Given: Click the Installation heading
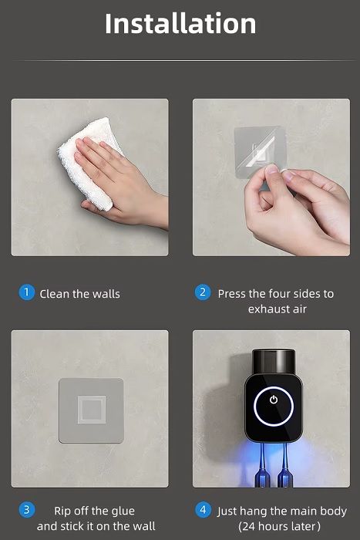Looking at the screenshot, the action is tap(180, 24).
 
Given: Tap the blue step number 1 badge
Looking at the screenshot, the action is tap(26, 292).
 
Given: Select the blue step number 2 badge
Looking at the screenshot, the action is tap(203, 292).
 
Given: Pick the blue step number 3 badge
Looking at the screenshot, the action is tap(26, 510).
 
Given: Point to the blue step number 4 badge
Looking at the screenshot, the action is tap(203, 510).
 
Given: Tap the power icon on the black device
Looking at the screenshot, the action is tap(274, 400).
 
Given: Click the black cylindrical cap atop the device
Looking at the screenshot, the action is tap(273, 362).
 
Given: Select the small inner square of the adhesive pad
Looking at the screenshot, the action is tap(92, 410).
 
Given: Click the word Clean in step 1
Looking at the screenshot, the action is tap(55, 294).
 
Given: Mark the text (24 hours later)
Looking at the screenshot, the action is tap(279, 526).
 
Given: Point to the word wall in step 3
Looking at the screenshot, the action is tap(144, 526).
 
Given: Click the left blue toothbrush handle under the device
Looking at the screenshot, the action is tap(262, 465).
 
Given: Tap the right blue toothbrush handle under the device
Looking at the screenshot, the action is tap(284, 465).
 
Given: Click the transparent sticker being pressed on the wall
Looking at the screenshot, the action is tap(260, 152).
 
